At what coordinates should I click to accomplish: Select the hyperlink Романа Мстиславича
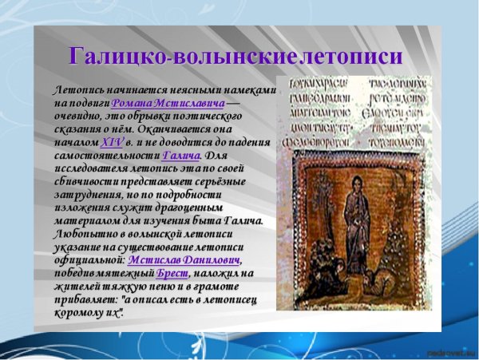point(168,103)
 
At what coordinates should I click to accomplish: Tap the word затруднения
point(89,194)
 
